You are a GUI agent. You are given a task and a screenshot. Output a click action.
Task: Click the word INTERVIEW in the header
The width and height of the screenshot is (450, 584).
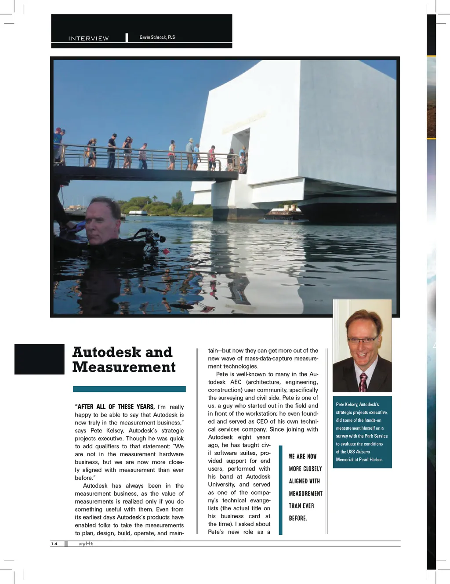(88, 39)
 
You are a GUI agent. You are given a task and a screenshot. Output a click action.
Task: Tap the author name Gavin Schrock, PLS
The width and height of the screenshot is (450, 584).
(157, 37)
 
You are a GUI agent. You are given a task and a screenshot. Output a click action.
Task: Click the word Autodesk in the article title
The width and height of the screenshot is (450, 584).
(106, 352)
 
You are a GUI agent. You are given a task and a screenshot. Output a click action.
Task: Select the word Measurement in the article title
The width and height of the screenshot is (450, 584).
(124, 367)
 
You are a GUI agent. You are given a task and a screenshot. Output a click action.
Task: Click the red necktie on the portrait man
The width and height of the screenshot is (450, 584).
(363, 382)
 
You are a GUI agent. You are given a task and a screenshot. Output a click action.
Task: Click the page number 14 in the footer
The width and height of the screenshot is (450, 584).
(54, 544)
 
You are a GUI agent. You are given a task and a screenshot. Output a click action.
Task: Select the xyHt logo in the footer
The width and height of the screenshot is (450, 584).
(86, 544)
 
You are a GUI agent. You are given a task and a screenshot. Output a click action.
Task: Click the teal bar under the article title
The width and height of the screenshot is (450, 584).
(129, 389)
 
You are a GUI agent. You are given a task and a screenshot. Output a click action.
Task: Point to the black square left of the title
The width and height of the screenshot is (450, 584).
(39, 359)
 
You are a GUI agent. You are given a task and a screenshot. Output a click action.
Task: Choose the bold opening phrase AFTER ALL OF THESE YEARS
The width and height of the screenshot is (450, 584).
(116, 407)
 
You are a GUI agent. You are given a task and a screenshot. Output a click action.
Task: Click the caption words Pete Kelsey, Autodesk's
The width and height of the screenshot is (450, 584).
(357, 404)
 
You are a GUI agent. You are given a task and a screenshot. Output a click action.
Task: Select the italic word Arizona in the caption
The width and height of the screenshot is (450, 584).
(363, 452)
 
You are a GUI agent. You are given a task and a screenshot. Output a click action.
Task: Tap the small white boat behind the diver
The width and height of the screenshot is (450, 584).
(138, 213)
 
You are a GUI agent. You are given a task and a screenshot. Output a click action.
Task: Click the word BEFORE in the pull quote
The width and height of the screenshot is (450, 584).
(297, 518)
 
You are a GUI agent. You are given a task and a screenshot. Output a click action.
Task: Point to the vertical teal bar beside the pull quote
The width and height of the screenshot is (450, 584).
(281, 490)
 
